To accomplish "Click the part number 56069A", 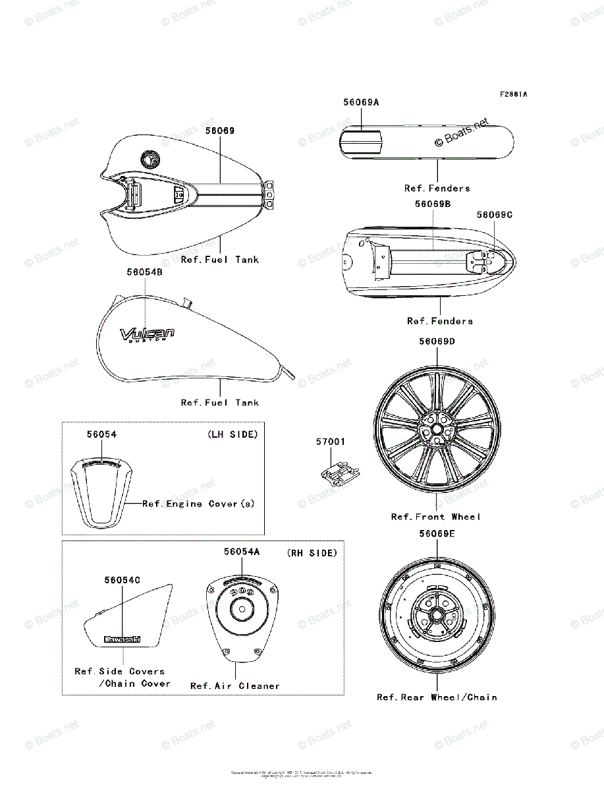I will pyautogui.click(x=360, y=103).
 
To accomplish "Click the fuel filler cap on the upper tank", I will pyautogui.click(x=150, y=158).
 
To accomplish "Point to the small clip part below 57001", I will pyautogui.click(x=339, y=473).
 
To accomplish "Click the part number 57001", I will pyautogui.click(x=330, y=442).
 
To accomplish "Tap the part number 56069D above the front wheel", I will pyautogui.click(x=437, y=341).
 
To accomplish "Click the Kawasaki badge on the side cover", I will pyautogui.click(x=123, y=639).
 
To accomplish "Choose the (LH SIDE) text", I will pyautogui.click(x=233, y=434).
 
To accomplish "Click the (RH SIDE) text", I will pyautogui.click(x=312, y=553).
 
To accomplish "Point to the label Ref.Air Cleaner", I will pyautogui.click(x=235, y=686).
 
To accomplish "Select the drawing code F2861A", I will pyautogui.click(x=512, y=94).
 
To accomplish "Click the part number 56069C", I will pyautogui.click(x=494, y=215).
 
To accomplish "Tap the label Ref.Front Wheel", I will pyautogui.click(x=436, y=517).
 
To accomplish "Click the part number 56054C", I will pyautogui.click(x=122, y=580).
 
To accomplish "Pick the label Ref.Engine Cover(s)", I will pyautogui.click(x=198, y=504).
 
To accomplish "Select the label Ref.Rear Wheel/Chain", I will pyautogui.click(x=437, y=697).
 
